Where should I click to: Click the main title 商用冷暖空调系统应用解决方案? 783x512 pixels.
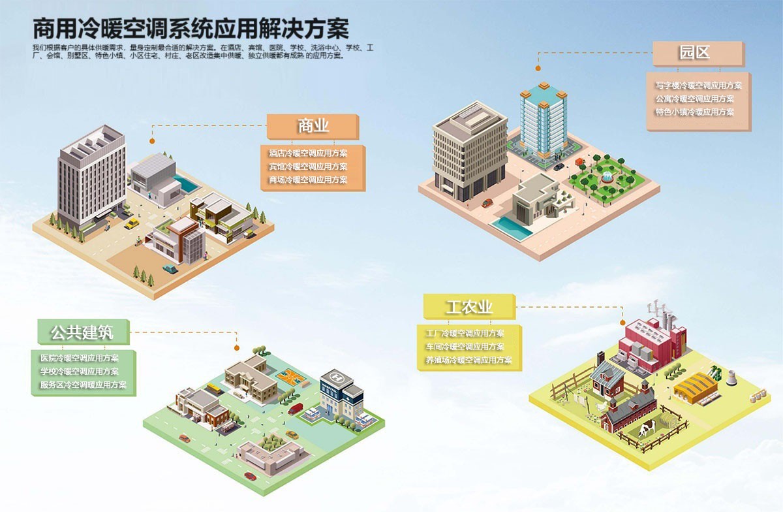pos(191,29)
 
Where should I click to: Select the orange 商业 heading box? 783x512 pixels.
pos(313,126)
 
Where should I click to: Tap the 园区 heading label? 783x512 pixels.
pos(697,53)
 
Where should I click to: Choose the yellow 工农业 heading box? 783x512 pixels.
pos(468,306)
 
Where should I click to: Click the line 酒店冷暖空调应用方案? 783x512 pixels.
pos(308,153)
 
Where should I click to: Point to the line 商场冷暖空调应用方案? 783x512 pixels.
pos(308,180)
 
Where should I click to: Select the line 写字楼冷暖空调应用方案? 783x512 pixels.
pos(698,86)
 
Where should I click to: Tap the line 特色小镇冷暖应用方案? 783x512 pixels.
pos(694,112)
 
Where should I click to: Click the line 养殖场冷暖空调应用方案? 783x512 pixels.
pos(468,360)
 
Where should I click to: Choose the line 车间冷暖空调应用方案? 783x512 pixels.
pos(465,347)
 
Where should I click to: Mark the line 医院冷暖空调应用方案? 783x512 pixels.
pos(79,358)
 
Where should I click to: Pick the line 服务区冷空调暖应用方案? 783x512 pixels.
pos(83,385)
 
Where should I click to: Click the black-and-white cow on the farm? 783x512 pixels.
pos(648,428)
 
